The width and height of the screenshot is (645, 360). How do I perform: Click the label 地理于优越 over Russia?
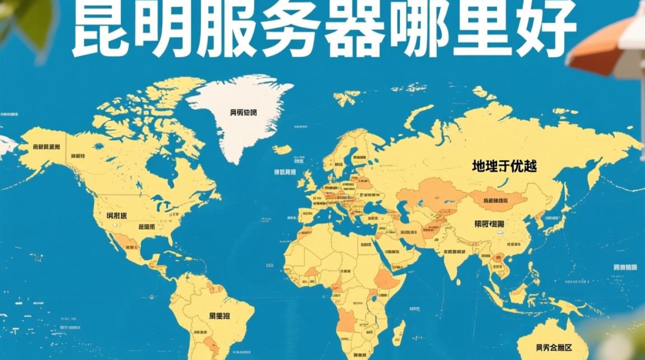point(504,167)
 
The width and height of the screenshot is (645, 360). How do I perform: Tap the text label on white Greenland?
point(243,113)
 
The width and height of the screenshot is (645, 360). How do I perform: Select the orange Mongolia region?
point(497,199)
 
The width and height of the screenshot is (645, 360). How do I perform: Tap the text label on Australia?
point(555,347)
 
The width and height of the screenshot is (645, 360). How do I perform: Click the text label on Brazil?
point(219,316)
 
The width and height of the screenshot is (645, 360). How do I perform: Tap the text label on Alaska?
point(46,147)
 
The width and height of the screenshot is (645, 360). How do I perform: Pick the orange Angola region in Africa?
point(346,321)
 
